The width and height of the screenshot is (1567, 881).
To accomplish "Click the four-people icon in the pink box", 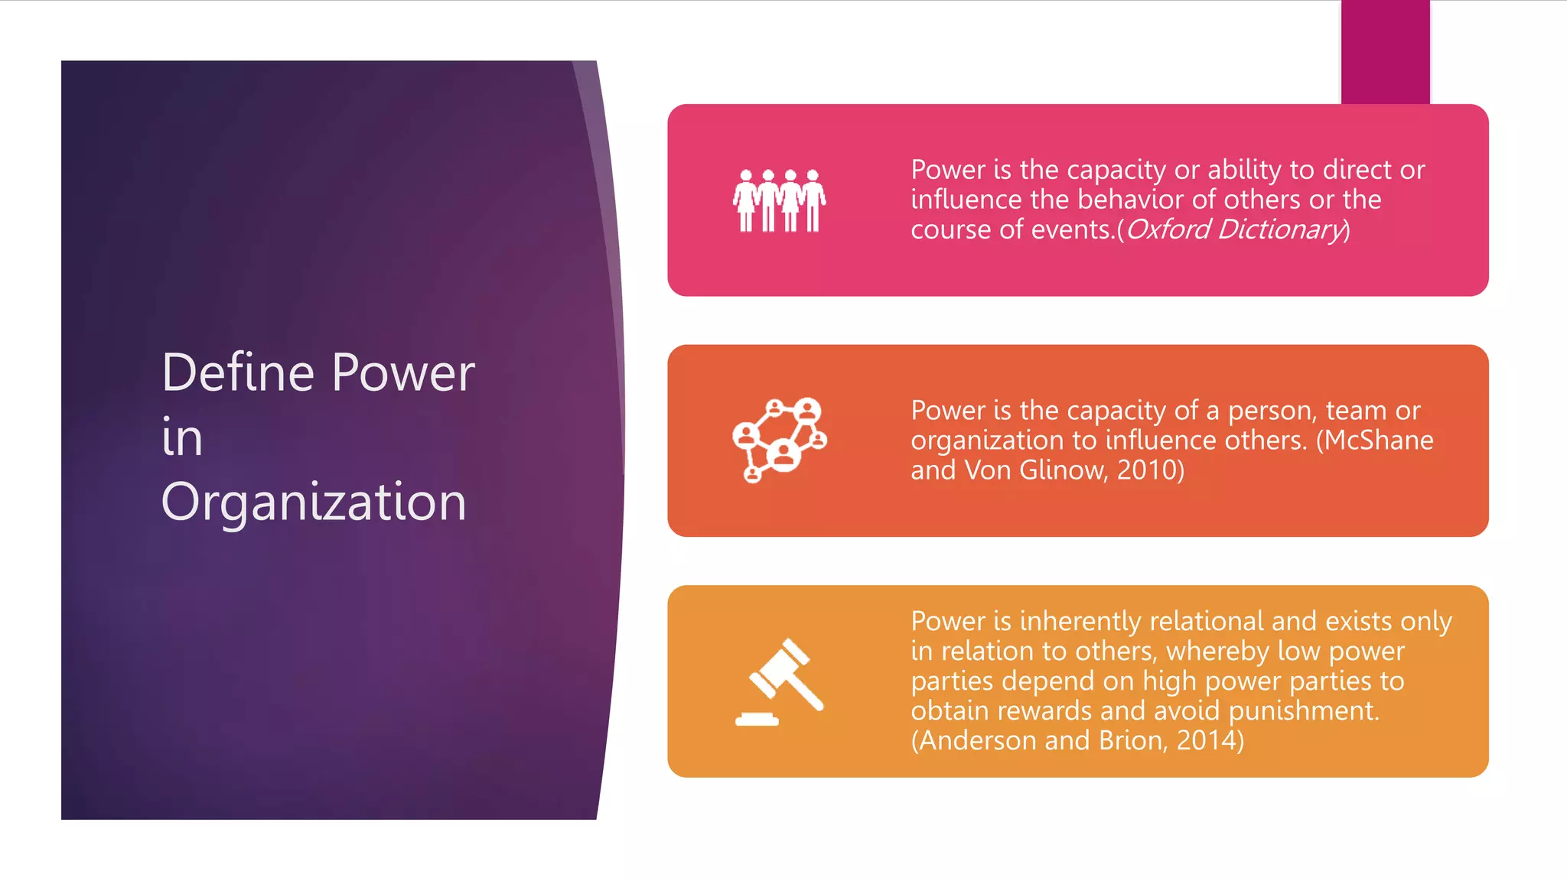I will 779,200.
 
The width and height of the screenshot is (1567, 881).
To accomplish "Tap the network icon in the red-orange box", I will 779,440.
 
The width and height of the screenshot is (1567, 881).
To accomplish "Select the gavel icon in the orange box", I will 780,681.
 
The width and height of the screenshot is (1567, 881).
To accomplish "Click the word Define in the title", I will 249,373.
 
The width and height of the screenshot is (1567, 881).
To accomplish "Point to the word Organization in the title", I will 314,502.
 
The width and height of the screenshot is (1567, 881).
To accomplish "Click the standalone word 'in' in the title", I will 182,437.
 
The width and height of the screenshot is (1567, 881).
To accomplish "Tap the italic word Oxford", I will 1168,229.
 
